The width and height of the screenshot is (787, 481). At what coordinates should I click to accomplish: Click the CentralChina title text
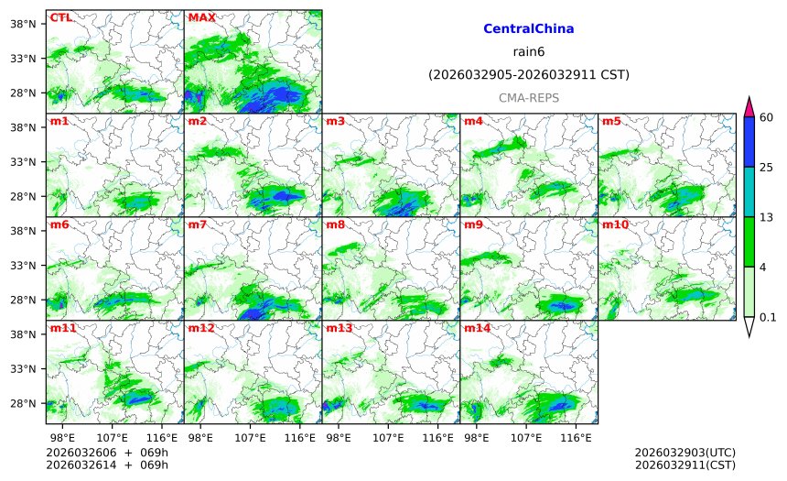point(528,29)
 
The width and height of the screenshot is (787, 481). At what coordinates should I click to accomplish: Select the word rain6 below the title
point(528,51)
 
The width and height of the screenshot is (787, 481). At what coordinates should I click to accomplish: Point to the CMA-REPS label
point(528,97)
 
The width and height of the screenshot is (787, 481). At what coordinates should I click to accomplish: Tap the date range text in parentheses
point(528,74)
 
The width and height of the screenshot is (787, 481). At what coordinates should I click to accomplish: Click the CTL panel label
point(60,17)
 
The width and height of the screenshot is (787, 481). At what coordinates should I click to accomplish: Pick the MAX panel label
point(201,17)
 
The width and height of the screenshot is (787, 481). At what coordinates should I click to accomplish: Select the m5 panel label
point(610,121)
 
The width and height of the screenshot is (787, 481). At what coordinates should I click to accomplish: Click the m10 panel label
point(614,224)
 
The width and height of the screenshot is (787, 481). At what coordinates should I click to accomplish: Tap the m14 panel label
point(476,328)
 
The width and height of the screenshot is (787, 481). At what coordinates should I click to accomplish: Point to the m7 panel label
point(198,224)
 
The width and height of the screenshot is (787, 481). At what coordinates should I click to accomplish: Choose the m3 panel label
point(336,121)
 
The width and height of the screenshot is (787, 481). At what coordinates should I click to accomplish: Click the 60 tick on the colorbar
point(767,116)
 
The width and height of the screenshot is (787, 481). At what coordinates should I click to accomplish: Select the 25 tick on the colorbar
point(767,167)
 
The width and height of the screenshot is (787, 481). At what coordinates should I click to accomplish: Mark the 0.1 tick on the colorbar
point(768,317)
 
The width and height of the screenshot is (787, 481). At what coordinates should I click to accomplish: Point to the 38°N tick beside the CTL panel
point(28,23)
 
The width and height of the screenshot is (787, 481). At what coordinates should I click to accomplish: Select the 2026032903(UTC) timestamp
point(685,453)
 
